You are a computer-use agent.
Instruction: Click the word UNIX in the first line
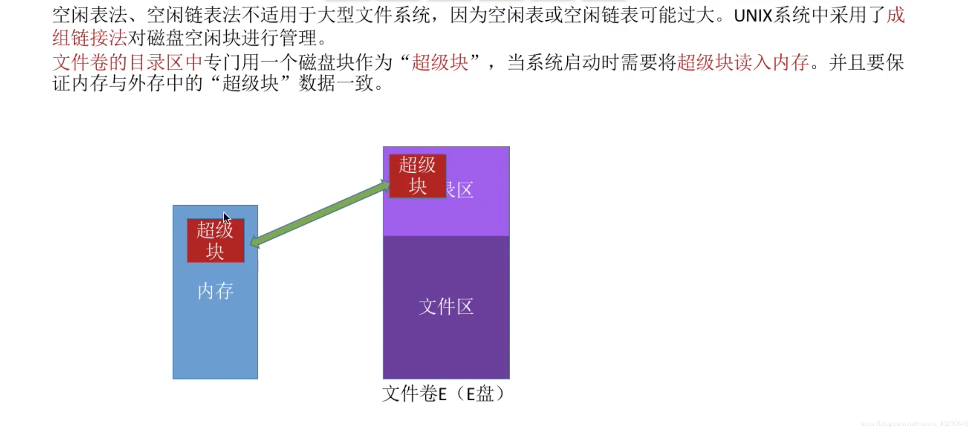[x=753, y=16]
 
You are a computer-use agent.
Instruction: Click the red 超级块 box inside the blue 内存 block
[x=215, y=240]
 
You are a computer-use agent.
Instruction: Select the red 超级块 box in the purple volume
[x=417, y=176]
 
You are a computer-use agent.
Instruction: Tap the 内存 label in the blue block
[x=215, y=292]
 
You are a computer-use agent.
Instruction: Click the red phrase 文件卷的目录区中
[x=127, y=63]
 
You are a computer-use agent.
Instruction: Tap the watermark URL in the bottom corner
[x=914, y=424]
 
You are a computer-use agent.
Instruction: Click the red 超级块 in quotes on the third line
[x=440, y=63]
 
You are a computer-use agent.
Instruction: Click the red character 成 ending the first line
[x=895, y=16]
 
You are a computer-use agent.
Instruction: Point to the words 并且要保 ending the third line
[x=866, y=63]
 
